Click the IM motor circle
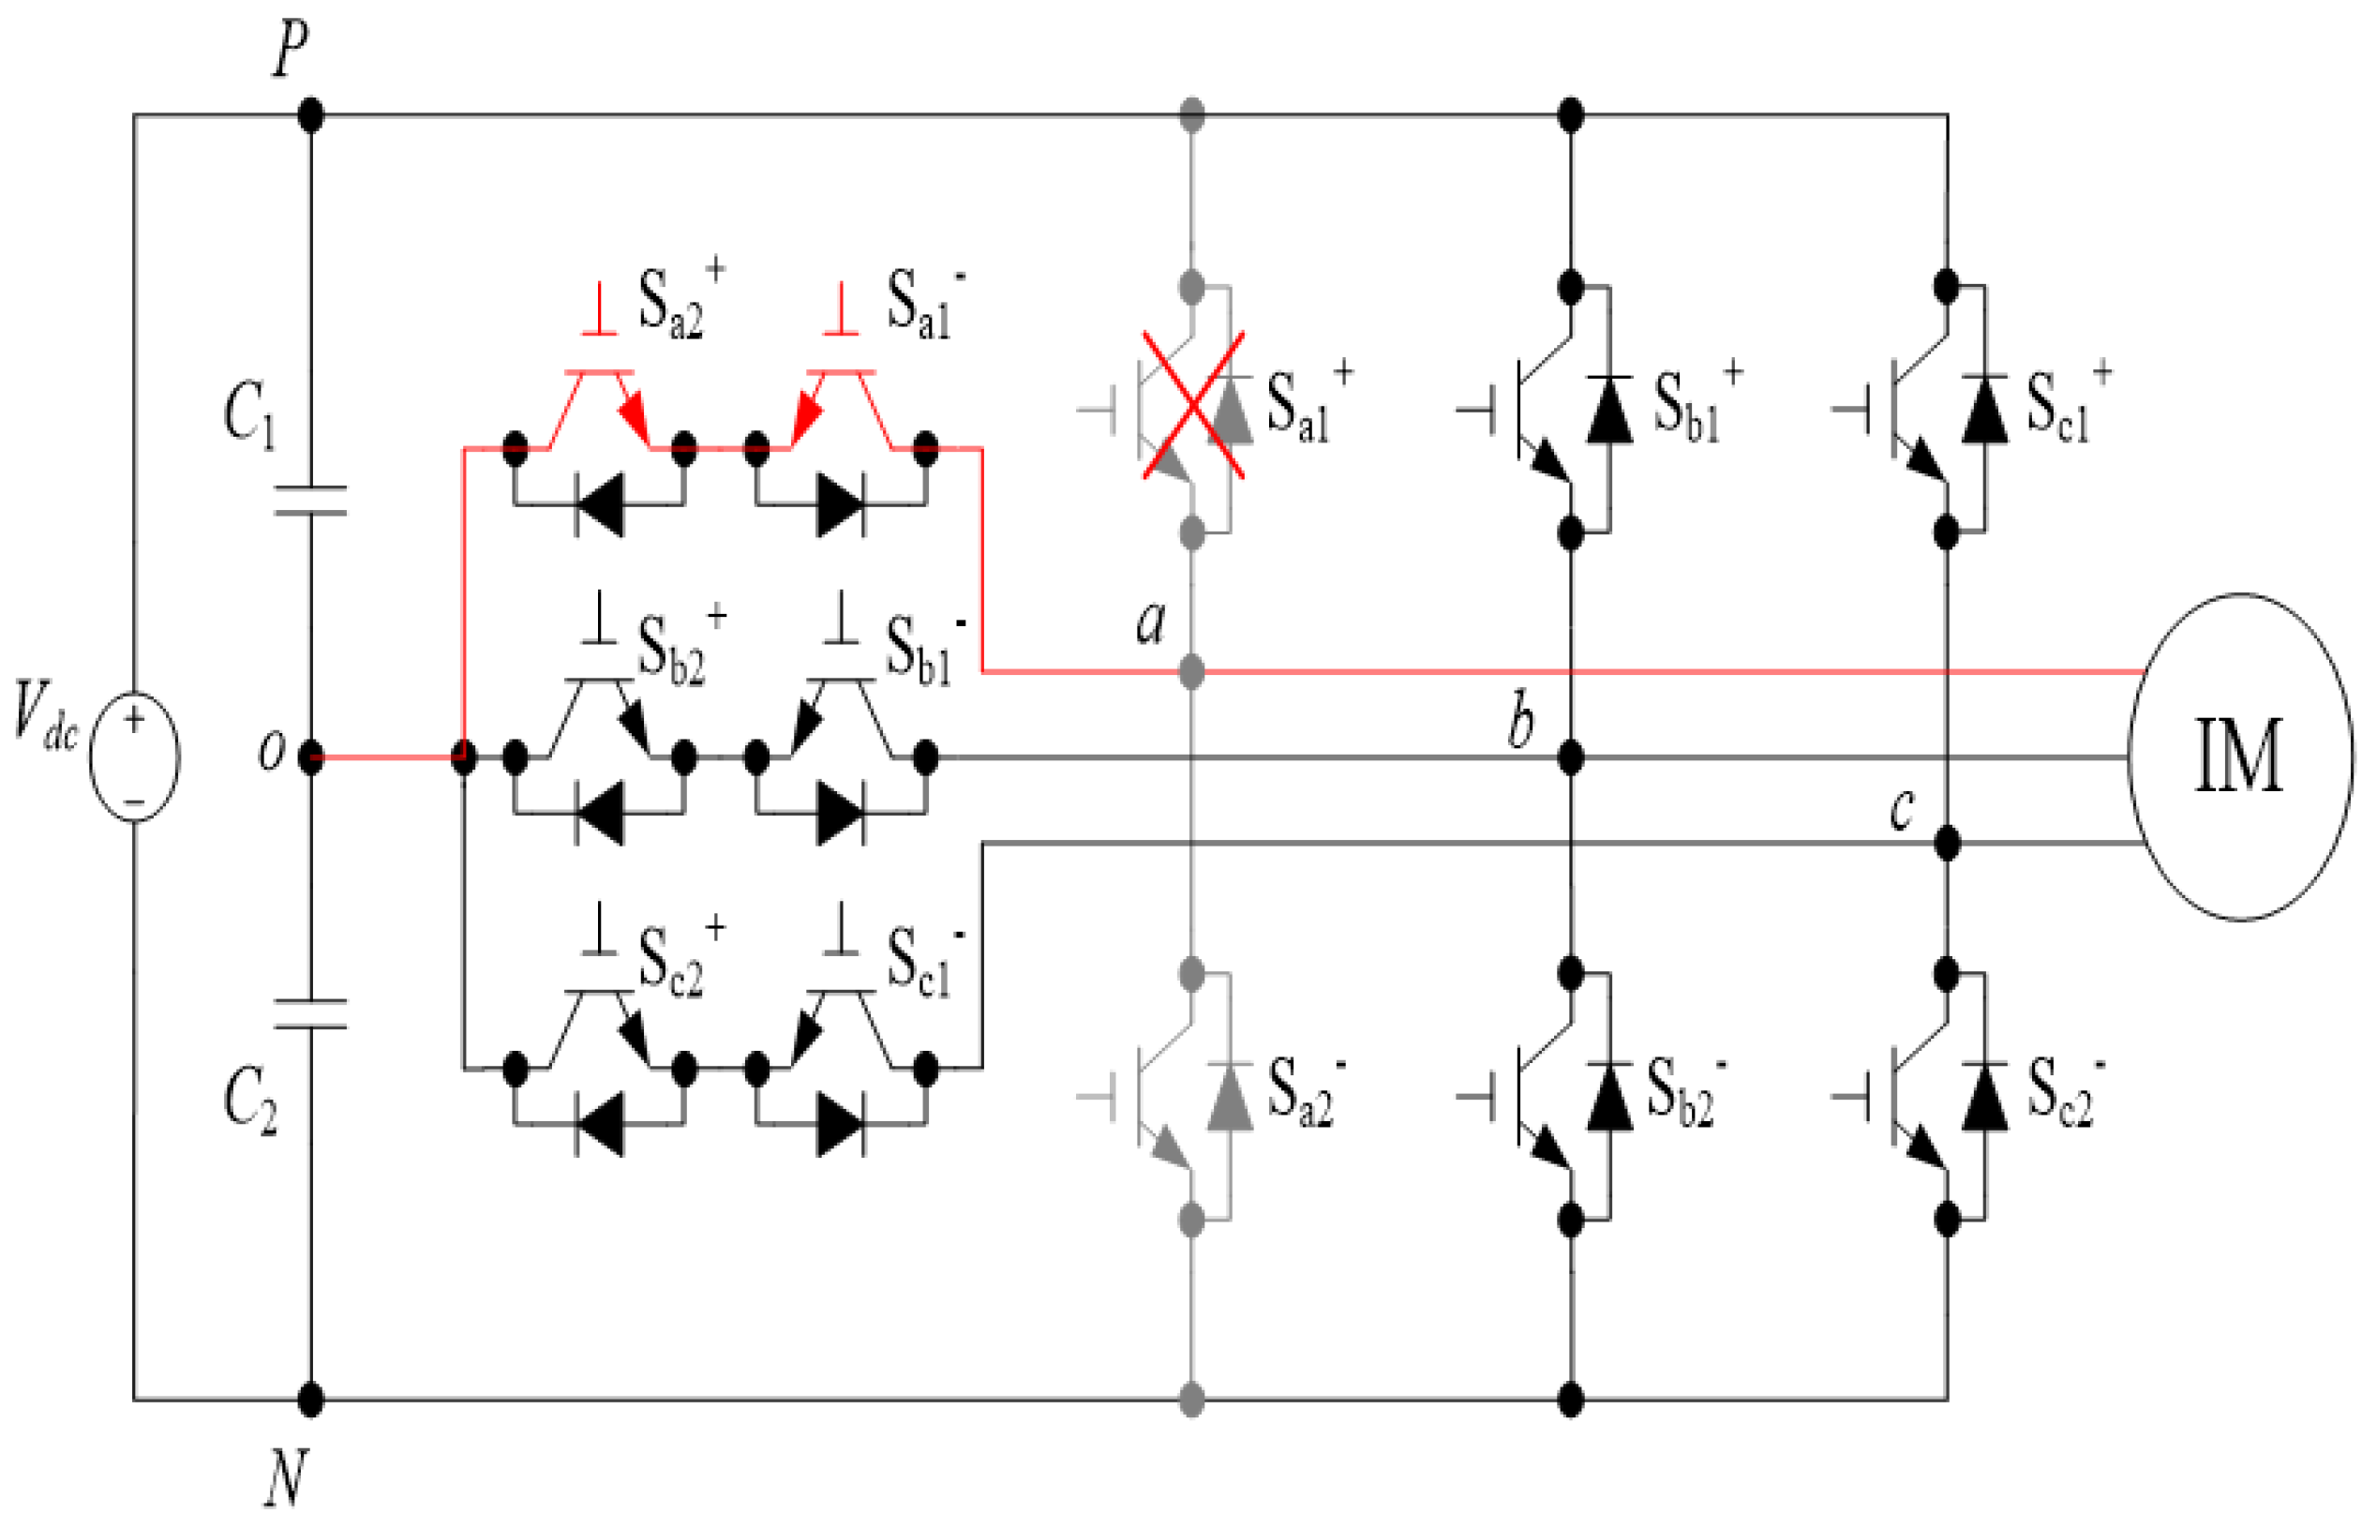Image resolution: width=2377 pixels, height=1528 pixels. pyautogui.click(x=2238, y=757)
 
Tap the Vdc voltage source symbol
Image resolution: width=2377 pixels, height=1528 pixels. pyautogui.click(x=135, y=757)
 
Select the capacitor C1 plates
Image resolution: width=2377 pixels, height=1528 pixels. pyautogui.click(x=310, y=502)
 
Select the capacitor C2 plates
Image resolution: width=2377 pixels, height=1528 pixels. pyautogui.click(x=310, y=1013)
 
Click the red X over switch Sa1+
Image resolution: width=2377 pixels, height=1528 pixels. pyautogui.click(x=1192, y=406)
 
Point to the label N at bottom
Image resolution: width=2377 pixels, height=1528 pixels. pyautogui.click(x=286, y=1478)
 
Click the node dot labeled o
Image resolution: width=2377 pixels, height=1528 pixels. pyautogui.click(x=310, y=758)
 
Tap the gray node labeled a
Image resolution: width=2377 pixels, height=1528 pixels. pyautogui.click(x=1191, y=673)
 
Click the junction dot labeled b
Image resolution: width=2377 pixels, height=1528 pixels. pyautogui.click(x=1569, y=758)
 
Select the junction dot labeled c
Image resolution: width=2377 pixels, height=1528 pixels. pyautogui.click(x=1947, y=844)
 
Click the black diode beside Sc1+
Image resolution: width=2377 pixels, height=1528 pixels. pyautogui.click(x=1984, y=409)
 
